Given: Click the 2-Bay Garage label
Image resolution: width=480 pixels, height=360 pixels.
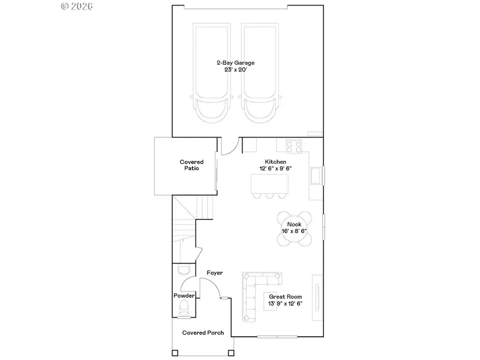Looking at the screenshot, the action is [x=235, y=63].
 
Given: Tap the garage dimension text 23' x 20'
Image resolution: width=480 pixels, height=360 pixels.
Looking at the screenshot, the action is [x=235, y=70].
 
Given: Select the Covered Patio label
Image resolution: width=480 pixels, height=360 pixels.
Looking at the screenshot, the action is [x=191, y=165].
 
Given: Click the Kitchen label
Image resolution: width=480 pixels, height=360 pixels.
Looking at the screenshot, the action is [x=275, y=161].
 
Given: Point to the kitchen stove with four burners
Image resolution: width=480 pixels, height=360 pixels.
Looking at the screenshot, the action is [x=294, y=146].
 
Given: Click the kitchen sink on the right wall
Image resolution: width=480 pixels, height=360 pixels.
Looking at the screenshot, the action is [x=317, y=175].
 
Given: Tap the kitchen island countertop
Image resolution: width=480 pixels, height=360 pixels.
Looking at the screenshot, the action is [x=269, y=184].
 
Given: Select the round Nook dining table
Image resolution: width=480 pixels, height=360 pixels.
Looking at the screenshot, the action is [x=294, y=228].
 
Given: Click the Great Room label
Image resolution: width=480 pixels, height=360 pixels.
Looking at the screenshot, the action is [x=286, y=296].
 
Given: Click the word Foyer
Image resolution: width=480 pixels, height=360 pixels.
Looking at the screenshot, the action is [x=215, y=273].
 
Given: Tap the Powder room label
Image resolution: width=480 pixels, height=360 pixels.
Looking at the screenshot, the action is [x=184, y=296].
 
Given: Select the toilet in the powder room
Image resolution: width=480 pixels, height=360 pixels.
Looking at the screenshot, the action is [x=184, y=307].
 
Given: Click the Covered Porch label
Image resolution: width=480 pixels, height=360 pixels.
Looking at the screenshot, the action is [x=203, y=333].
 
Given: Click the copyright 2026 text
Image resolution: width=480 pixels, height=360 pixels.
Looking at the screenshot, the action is [x=77, y=6].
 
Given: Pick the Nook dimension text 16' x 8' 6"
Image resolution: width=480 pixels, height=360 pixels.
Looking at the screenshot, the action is [x=294, y=231].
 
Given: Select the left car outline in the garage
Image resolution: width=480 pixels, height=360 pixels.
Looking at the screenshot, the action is [x=212, y=73].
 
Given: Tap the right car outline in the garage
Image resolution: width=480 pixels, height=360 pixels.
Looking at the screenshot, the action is [x=260, y=73].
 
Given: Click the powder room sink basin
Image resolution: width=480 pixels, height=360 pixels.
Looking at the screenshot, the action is [x=184, y=271].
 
